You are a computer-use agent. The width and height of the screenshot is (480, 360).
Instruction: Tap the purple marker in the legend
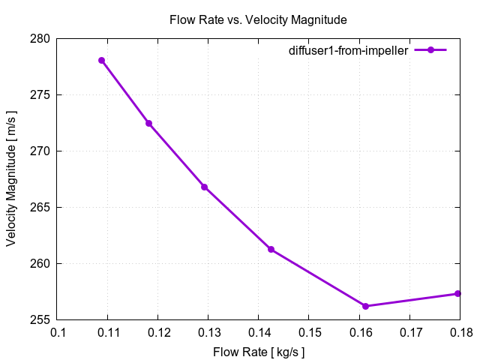(430, 50)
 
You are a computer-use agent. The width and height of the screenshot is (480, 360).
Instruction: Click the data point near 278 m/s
(101, 60)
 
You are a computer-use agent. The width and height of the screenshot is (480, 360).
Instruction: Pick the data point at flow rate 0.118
(148, 123)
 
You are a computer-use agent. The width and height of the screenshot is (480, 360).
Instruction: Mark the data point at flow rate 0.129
(204, 187)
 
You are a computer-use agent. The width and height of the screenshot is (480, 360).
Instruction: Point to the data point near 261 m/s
(271, 249)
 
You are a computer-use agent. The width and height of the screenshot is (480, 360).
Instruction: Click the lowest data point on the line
(365, 306)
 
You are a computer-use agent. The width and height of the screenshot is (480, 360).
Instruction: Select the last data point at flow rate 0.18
(457, 293)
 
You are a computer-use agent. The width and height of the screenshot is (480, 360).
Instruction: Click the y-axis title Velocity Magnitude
(13, 178)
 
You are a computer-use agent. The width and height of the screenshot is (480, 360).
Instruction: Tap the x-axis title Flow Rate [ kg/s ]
(259, 351)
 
